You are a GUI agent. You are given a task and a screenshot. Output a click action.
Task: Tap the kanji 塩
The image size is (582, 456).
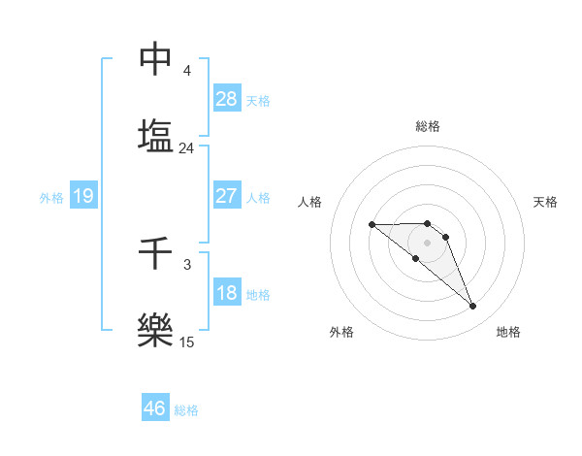click(x=155, y=134)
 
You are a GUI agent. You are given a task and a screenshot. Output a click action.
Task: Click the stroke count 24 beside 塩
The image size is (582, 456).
click(x=186, y=148)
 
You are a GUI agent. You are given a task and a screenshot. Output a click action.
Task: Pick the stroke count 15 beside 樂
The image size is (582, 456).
click(x=186, y=342)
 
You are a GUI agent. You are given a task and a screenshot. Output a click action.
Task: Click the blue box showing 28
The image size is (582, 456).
click(x=227, y=99)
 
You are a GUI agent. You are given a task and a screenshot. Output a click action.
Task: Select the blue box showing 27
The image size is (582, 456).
click(x=227, y=196)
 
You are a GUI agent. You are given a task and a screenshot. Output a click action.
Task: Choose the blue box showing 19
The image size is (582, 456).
click(x=83, y=197)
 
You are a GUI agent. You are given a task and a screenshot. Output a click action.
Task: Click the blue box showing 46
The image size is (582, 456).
click(x=155, y=408)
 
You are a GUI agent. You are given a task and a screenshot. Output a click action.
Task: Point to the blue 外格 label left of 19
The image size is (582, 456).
click(x=51, y=198)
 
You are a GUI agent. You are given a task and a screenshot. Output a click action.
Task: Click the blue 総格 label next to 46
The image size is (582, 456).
click(x=186, y=410)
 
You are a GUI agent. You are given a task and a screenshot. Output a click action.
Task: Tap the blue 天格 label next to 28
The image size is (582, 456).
click(x=258, y=101)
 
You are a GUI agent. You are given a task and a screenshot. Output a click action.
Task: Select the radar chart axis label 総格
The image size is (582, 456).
click(x=428, y=126)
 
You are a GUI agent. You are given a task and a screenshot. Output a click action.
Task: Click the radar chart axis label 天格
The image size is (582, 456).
click(x=545, y=202)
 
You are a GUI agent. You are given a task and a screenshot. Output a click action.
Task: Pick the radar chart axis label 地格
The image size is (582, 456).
click(x=508, y=332)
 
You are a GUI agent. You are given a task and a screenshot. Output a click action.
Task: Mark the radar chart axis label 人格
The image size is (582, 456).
click(x=309, y=202)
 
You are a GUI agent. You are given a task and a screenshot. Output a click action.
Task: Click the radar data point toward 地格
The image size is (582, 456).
click(x=473, y=307)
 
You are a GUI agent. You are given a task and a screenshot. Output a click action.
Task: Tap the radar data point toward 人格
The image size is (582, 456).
click(x=372, y=224)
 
